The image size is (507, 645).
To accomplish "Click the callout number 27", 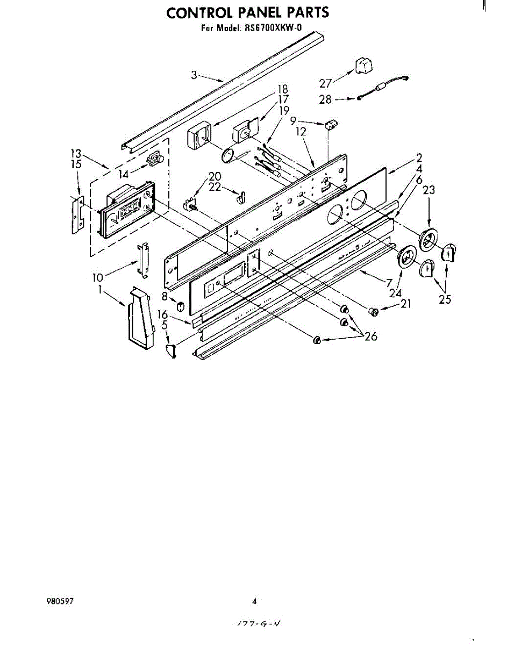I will tap(326, 83).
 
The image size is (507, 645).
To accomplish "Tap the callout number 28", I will tap(326, 99).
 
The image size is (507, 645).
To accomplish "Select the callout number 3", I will tap(194, 76).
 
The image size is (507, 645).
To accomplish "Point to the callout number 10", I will tap(98, 277).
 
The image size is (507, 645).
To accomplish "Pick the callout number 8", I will tap(165, 296).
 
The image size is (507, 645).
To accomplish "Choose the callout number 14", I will tap(124, 174).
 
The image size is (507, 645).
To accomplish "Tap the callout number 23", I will tap(429, 190).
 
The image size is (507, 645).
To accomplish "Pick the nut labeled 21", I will tap(373, 311).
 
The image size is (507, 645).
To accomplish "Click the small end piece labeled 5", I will tap(172, 353).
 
